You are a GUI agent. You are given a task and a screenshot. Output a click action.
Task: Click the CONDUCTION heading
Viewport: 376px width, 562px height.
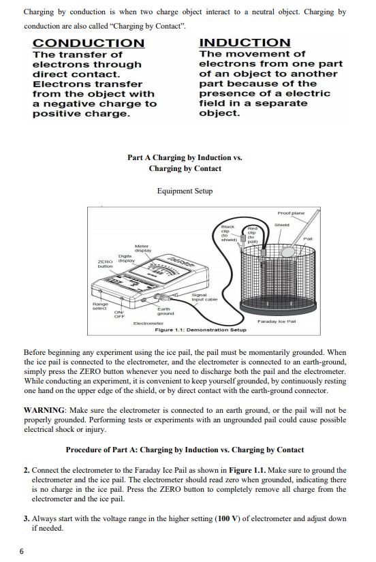(89, 44)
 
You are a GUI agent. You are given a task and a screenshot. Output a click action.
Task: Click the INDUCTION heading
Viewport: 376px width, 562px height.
(245, 43)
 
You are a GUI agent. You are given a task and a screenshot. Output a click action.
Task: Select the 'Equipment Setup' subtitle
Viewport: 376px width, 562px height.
(185, 191)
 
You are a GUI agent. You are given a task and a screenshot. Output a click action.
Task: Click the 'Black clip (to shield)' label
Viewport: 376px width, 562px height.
(228, 231)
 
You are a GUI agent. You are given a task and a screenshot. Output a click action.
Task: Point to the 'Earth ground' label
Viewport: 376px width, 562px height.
(163, 312)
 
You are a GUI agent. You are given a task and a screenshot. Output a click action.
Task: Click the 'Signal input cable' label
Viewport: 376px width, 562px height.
(205, 296)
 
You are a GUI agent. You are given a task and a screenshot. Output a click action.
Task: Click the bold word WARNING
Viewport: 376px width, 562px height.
(45, 411)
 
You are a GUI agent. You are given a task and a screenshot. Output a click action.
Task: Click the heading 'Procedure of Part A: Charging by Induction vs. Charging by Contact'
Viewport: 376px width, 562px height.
(185, 450)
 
